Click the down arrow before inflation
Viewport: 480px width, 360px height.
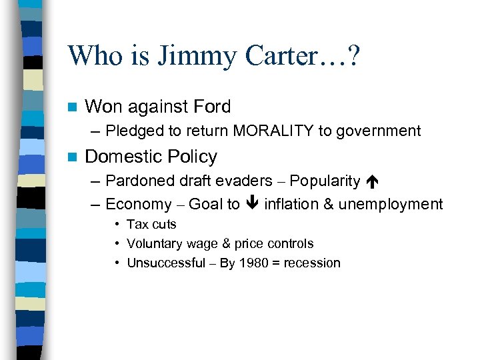252,204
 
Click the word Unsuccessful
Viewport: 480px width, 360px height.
166,263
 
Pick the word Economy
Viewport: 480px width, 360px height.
138,204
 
